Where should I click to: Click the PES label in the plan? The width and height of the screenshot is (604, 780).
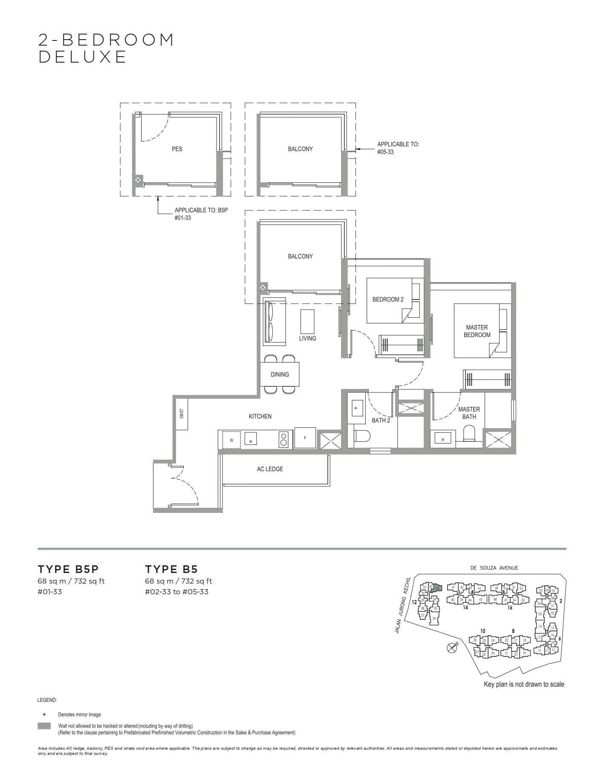[177, 149]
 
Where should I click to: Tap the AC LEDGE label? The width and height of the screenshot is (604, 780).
[270, 469]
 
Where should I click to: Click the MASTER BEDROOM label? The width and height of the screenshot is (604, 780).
[477, 331]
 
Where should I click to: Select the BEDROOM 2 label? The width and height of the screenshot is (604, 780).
[388, 299]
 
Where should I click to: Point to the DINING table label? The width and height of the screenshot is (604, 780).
[280, 374]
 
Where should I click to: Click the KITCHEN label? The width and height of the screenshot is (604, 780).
[260, 416]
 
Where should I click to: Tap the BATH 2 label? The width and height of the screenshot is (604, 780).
[381, 420]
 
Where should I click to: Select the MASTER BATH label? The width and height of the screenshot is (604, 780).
[469, 413]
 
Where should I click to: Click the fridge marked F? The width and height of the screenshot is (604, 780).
[305, 438]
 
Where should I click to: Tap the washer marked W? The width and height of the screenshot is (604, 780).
[231, 440]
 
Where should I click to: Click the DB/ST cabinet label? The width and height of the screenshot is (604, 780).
[182, 413]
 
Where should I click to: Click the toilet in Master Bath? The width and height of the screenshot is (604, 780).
[469, 433]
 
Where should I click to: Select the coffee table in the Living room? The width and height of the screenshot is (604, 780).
[307, 322]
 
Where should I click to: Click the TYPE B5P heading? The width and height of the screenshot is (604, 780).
[68, 569]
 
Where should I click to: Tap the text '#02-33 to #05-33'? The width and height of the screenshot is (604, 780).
[176, 592]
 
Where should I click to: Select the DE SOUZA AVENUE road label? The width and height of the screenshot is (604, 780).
[494, 568]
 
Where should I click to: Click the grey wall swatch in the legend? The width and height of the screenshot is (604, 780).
[44, 726]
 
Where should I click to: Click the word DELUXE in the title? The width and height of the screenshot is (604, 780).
[83, 57]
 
